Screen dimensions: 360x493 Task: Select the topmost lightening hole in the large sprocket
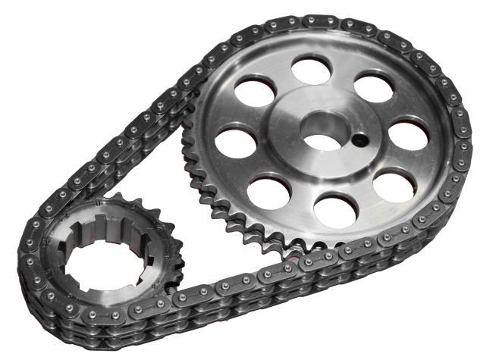[x=311, y=70]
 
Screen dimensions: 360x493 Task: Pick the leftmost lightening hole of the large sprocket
[x=233, y=142]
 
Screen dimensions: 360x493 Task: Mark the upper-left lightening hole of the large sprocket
[x=255, y=91]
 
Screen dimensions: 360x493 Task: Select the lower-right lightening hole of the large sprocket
[x=393, y=184]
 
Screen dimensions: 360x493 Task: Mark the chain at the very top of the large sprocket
[x=319, y=21]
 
